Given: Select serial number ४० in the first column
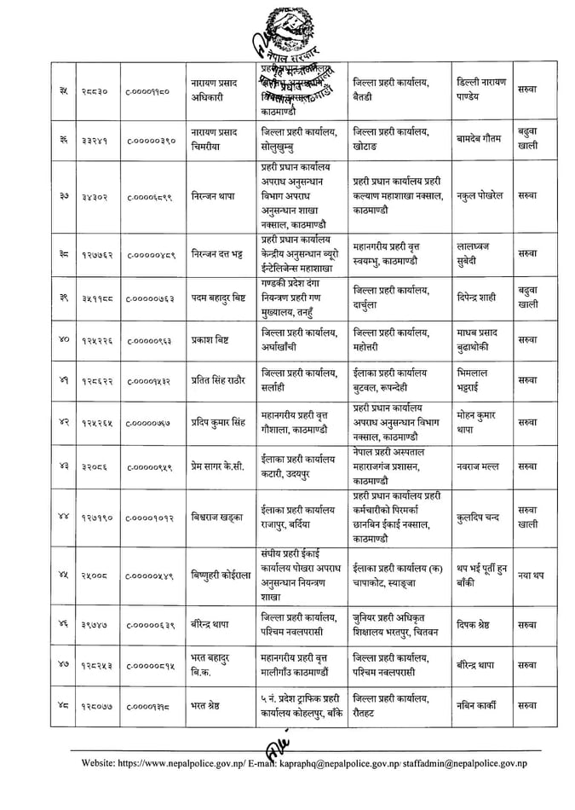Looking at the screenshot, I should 64,339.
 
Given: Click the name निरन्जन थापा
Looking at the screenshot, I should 213,196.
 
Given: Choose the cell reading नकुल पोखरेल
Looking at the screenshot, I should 485,195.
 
